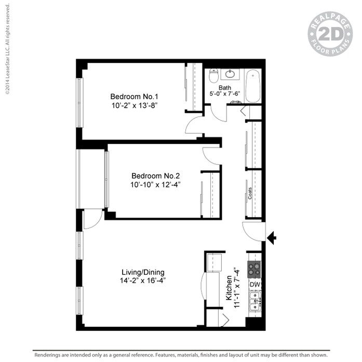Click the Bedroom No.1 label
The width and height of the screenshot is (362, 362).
[133, 96]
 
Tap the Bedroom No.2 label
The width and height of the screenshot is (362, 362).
[155, 175]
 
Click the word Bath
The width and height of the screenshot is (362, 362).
[225, 87]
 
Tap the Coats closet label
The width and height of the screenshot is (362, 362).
[250, 193]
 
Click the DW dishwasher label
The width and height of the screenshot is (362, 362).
[254, 285]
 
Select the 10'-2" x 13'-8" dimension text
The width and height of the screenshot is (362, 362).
[133, 105]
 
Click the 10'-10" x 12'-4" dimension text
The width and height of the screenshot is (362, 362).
[155, 184]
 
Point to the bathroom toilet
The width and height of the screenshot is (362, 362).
[213, 77]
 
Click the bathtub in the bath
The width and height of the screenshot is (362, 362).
[253, 86]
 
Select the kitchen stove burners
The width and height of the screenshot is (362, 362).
[254, 269]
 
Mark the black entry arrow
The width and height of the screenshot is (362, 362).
[271, 238]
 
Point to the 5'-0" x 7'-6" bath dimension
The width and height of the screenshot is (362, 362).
[225, 94]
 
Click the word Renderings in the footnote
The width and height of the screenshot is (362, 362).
[49, 356]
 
